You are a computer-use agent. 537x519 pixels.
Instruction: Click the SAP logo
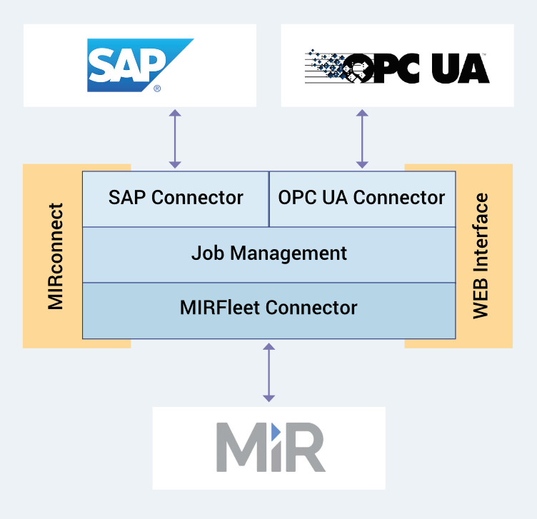pos(140,66)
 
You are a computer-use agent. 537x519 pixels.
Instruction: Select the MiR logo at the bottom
pos(271,447)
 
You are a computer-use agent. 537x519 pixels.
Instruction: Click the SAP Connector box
pos(176,198)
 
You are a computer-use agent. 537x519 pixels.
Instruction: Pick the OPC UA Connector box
pos(361,198)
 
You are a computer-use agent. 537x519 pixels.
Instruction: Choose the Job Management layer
pos(268,253)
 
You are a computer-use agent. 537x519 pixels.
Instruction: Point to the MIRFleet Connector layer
pos(268,308)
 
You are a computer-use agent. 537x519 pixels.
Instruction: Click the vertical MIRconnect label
pos(56,256)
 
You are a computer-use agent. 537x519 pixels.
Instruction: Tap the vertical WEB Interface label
pos(482,255)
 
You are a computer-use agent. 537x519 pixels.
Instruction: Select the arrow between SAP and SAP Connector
pos(175,138)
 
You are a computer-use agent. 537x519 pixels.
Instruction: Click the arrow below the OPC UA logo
pos(362,138)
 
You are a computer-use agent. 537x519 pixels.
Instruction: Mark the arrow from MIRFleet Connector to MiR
pos(268,372)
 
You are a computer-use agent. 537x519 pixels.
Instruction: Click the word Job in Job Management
pos(204,253)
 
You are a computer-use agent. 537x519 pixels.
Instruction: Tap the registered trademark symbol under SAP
pos(156,89)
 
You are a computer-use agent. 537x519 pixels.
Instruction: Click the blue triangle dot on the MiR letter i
pos(275,431)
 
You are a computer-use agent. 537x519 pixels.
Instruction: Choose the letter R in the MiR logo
pos(304,448)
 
